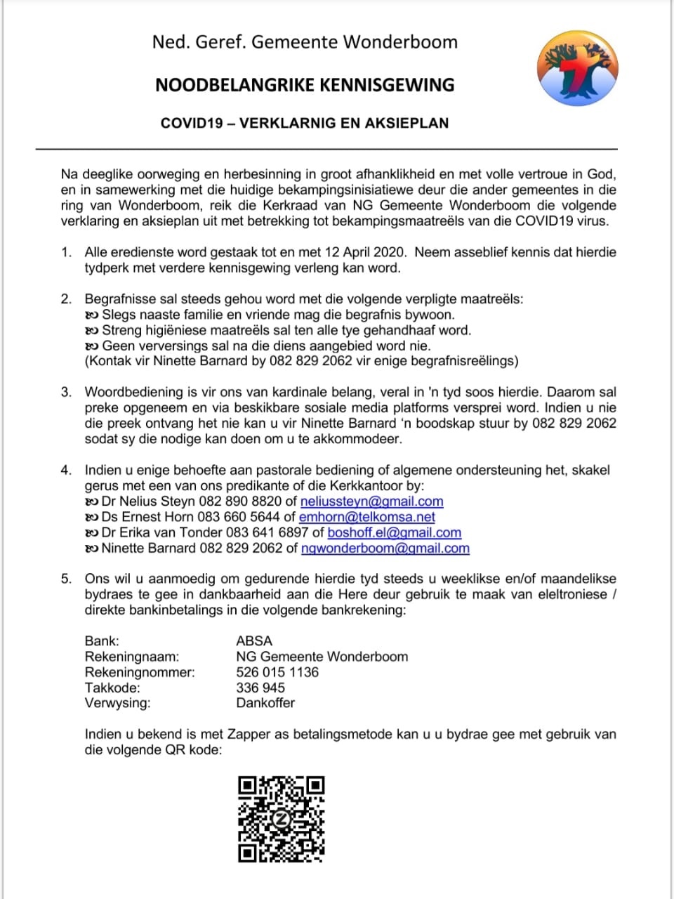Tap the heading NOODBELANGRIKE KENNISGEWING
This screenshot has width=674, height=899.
[x=305, y=85]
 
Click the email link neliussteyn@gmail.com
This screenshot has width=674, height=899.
[x=371, y=501]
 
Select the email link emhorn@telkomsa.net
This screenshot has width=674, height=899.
[x=366, y=517]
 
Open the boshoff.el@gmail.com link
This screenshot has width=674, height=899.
[x=394, y=532]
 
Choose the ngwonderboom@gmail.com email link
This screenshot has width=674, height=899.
[x=385, y=548]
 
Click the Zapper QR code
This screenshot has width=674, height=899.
[x=281, y=818]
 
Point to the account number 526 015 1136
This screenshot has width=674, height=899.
[x=277, y=672]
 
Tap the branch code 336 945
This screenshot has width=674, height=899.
[x=260, y=688]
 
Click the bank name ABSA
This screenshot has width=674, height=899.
[x=254, y=641]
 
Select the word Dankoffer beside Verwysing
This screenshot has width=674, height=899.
[x=265, y=703]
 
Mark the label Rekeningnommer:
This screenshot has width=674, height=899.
[x=140, y=672]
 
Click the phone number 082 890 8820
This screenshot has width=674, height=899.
[x=240, y=501]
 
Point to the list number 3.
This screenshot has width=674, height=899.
[x=66, y=392]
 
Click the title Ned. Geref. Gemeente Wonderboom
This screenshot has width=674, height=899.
[x=305, y=42]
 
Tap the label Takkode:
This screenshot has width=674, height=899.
[x=112, y=688]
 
